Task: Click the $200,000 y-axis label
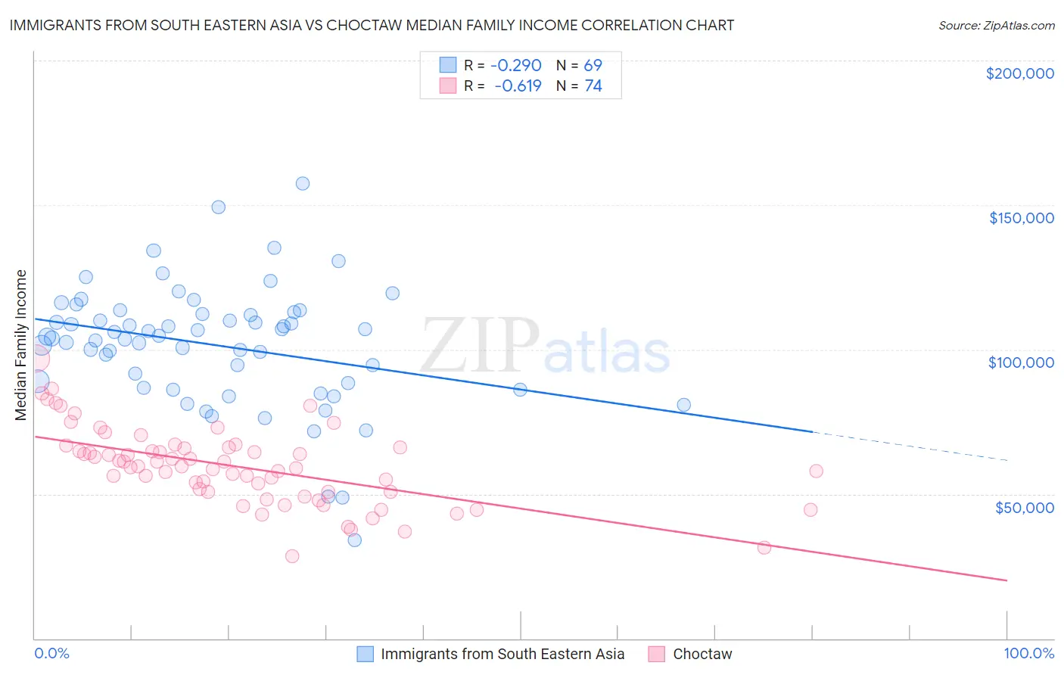(1019, 73)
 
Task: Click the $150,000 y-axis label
(1021, 218)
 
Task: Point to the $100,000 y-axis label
(1021, 362)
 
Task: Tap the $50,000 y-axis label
(1024, 507)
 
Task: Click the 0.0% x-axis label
(51, 653)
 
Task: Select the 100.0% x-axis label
(1028, 653)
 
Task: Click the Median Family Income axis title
(20, 345)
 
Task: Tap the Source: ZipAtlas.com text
(996, 25)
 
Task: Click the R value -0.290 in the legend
(516, 65)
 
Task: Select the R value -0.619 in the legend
(518, 86)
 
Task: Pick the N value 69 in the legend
(593, 65)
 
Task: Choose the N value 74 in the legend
(593, 86)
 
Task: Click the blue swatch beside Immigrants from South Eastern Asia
(366, 654)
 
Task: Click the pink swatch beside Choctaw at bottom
(656, 654)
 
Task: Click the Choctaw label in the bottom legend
(702, 654)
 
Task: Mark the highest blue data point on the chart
(303, 183)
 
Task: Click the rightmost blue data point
(683, 405)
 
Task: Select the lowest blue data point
(354, 540)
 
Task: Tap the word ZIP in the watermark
(479, 346)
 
